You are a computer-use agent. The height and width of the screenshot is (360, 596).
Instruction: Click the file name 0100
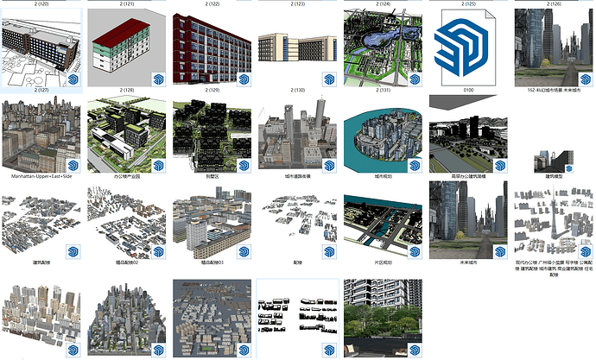click(x=468, y=89)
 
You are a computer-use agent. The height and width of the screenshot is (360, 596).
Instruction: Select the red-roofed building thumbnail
click(x=126, y=48)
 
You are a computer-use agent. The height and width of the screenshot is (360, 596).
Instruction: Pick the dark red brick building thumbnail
click(x=212, y=48)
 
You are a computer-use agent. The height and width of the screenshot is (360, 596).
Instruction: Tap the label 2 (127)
click(x=42, y=89)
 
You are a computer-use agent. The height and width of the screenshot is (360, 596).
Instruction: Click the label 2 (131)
click(x=384, y=90)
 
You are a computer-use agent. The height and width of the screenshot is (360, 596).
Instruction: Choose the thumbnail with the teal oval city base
click(x=384, y=134)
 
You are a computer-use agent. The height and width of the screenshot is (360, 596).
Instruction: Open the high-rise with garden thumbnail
click(x=384, y=315)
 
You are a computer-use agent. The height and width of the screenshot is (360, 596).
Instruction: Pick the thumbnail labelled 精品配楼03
click(x=212, y=220)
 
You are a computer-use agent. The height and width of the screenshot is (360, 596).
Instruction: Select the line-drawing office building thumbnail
click(x=42, y=48)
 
